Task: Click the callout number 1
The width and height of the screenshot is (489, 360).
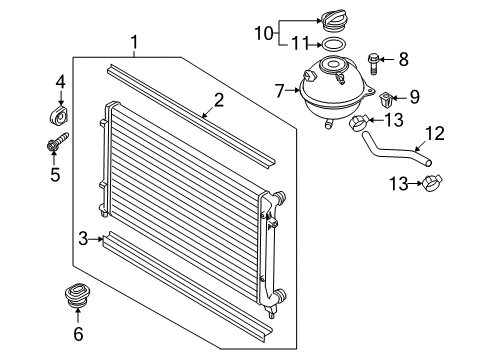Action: (134, 43)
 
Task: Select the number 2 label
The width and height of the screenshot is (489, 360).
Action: (219, 100)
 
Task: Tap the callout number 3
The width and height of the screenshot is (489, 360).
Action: (83, 239)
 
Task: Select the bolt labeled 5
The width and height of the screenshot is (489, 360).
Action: (57, 143)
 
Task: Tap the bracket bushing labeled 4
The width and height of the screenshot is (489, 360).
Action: (58, 115)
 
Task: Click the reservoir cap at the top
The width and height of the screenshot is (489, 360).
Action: (335, 22)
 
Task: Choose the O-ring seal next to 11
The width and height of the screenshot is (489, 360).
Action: (332, 44)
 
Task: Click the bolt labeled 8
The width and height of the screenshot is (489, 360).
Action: (373, 64)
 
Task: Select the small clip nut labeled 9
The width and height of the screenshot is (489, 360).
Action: (386, 99)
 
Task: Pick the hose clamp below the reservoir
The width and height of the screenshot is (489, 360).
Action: (359, 122)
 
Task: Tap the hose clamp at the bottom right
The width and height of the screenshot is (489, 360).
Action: (432, 184)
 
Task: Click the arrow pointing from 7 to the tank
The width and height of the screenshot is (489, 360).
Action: (293, 90)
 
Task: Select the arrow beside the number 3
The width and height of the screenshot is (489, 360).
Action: (96, 239)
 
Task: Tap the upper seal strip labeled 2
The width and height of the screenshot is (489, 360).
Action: (191, 115)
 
